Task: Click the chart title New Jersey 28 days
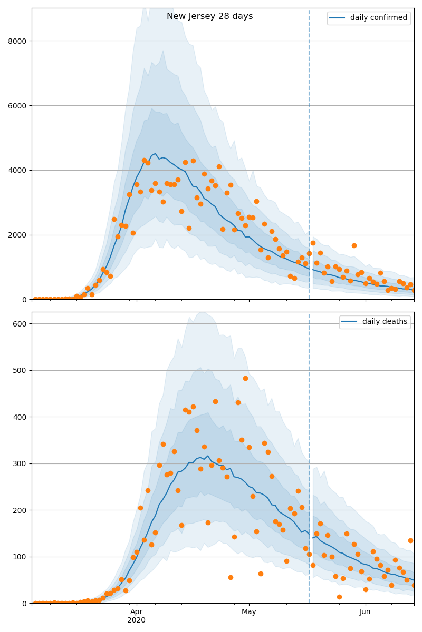(209, 16)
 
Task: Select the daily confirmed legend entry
(378, 18)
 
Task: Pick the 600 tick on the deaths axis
(20, 323)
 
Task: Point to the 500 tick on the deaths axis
(20, 370)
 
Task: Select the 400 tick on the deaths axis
(20, 417)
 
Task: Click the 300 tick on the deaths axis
(20, 463)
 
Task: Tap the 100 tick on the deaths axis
(20, 557)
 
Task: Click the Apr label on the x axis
(137, 611)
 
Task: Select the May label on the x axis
(248, 611)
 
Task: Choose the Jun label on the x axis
(365, 611)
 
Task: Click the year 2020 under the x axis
(137, 620)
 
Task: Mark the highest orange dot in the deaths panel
(245, 378)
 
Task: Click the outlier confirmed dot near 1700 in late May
(354, 245)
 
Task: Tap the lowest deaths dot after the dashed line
(339, 597)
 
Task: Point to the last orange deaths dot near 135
(410, 540)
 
